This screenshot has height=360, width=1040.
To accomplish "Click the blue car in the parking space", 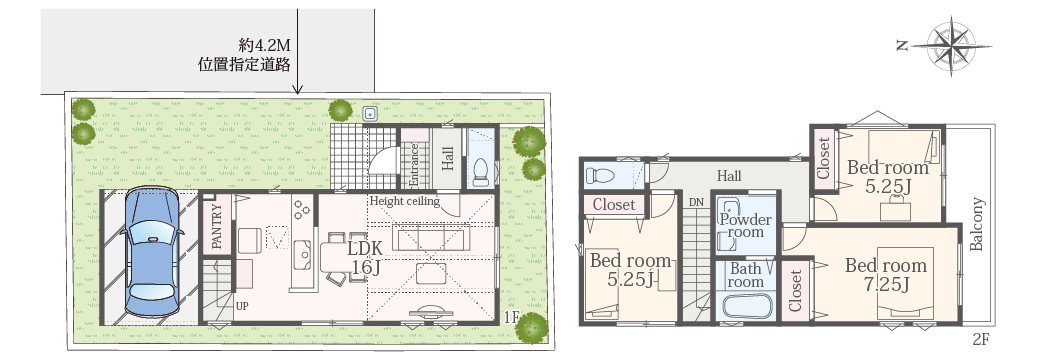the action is [152, 252].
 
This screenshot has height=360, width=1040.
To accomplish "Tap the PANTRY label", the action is [217, 226].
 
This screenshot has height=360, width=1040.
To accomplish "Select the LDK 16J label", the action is [364, 258].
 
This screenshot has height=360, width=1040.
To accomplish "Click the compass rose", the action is [952, 46].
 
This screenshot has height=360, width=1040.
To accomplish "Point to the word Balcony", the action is [976, 224].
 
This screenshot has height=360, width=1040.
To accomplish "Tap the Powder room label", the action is [746, 225].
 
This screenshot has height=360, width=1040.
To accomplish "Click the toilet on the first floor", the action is [480, 172].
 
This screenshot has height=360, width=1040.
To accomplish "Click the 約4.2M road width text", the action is [265, 46].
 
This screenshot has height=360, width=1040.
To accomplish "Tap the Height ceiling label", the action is [405, 201].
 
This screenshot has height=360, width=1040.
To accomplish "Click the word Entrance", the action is [413, 165].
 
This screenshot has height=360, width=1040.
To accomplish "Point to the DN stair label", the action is [695, 202].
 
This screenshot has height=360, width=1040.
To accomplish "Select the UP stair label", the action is [242, 306].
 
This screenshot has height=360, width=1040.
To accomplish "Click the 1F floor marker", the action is [511, 316].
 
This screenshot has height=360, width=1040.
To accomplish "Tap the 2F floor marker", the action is [981, 340].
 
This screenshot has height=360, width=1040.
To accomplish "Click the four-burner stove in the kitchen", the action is [302, 208].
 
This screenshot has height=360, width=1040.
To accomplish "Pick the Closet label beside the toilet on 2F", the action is [614, 205].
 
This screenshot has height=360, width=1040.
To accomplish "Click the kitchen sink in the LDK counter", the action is [305, 253].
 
